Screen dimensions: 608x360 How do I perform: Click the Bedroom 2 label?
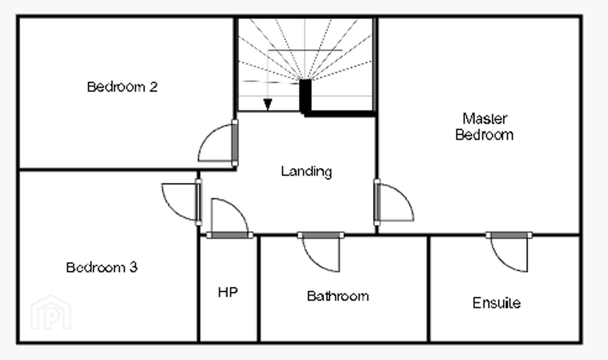click(x=122, y=87)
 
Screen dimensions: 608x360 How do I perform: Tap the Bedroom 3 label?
click(x=102, y=267)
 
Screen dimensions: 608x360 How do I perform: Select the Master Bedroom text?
click(x=484, y=127)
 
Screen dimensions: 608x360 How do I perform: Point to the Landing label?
click(x=306, y=171)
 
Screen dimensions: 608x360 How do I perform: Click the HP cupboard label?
click(x=228, y=292)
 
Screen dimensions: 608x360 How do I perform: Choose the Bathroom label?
click(x=338, y=296)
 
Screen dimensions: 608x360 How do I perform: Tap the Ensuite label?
click(x=496, y=303)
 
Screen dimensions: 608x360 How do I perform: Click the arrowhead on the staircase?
click(x=268, y=104)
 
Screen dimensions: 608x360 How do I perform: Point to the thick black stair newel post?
click(x=305, y=97)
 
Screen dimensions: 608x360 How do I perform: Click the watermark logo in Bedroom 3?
click(x=51, y=312)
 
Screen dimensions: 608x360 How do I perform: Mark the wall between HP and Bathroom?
click(x=258, y=289)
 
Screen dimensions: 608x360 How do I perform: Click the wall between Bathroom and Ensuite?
click(x=428, y=289)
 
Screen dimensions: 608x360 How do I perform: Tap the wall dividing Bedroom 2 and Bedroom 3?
click(x=127, y=170)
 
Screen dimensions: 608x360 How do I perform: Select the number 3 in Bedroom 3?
click(x=133, y=267)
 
